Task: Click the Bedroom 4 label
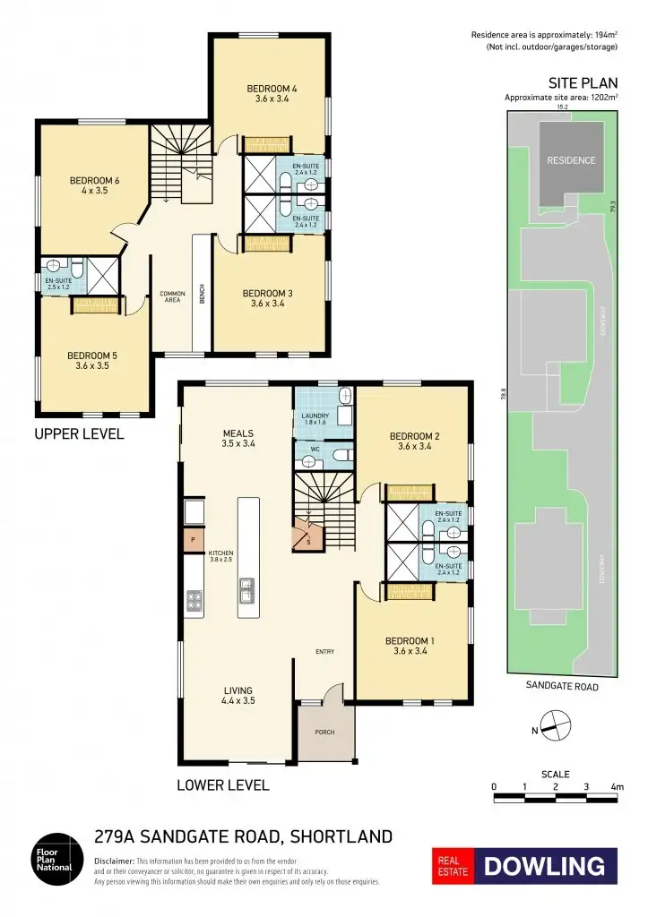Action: click(x=272, y=94)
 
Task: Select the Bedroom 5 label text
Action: click(x=92, y=361)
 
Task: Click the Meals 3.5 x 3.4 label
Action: click(x=238, y=438)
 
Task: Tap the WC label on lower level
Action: click(x=315, y=449)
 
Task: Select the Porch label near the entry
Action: click(x=324, y=732)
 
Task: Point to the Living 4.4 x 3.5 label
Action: click(x=238, y=696)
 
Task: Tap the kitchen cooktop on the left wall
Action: click(x=193, y=601)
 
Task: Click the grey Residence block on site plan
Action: click(x=571, y=161)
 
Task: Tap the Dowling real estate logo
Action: click(x=525, y=866)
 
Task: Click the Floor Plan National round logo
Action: click(x=57, y=861)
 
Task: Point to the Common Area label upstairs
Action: click(x=172, y=297)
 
